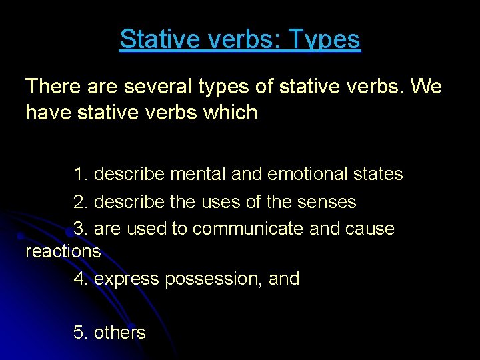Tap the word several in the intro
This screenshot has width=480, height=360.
(x=165, y=86)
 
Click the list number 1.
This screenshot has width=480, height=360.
(x=80, y=174)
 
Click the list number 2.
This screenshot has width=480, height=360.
(x=80, y=201)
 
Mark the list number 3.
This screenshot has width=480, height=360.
(x=80, y=229)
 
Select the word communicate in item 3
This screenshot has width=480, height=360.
(x=248, y=229)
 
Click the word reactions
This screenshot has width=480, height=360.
(x=63, y=251)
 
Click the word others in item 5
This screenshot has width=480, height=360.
(x=119, y=332)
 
